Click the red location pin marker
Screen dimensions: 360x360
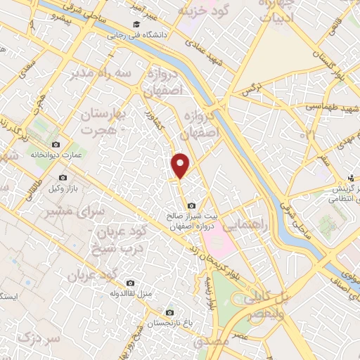pyautogui.click(x=181, y=165)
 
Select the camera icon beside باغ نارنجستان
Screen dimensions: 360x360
pyautogui.click(x=169, y=311)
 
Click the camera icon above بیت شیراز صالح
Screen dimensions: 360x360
pyautogui.click(x=191, y=205)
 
